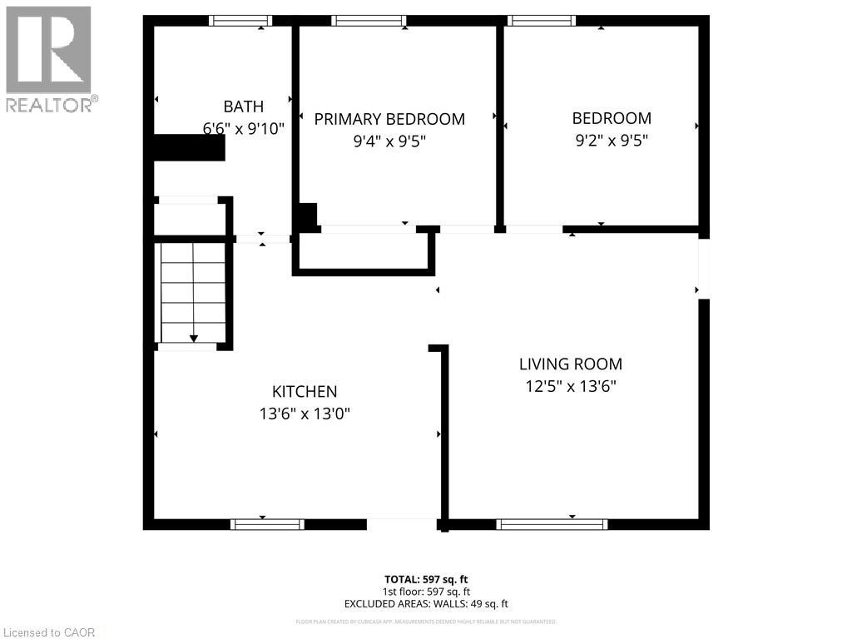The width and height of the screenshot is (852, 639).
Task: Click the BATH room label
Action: (x=243, y=106)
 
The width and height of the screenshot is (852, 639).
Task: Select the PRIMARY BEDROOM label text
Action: (x=389, y=119)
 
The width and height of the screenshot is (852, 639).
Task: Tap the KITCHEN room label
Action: (x=305, y=392)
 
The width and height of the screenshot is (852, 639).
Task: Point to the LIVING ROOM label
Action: (x=570, y=364)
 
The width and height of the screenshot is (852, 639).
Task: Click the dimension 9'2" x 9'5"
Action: (x=611, y=141)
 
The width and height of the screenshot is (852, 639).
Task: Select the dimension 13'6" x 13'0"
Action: (x=305, y=414)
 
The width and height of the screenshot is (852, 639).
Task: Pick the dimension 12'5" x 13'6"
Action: (x=570, y=386)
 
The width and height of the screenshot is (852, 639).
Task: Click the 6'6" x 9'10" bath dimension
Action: (x=243, y=129)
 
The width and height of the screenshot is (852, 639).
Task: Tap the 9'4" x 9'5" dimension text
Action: (x=389, y=141)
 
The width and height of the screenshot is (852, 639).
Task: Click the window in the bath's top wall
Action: (x=240, y=21)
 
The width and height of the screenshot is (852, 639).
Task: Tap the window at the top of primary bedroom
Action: (x=369, y=21)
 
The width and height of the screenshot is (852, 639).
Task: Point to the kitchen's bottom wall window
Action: (x=267, y=524)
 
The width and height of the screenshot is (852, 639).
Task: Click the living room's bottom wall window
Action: (x=552, y=524)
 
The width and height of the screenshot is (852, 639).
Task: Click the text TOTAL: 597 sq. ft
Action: (x=426, y=579)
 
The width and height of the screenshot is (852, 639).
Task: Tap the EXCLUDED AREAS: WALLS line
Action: (x=426, y=604)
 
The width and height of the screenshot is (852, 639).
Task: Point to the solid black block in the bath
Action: (x=190, y=148)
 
